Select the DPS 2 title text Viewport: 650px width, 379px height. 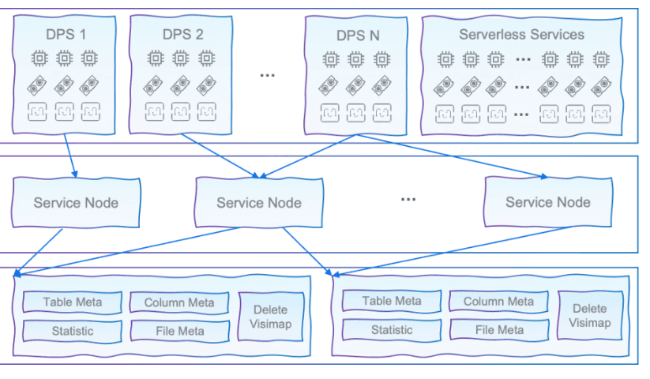(x=182, y=34)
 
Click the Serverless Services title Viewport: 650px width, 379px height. (x=521, y=35)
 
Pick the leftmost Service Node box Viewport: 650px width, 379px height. (x=76, y=202)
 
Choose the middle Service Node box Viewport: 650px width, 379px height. (x=259, y=202)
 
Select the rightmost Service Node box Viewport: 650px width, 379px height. (x=548, y=202)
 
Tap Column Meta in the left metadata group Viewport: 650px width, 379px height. (x=179, y=302)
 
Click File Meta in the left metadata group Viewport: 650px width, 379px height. (x=179, y=331)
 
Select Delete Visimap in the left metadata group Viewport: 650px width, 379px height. (x=271, y=317)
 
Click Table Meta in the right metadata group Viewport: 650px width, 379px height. (x=392, y=301)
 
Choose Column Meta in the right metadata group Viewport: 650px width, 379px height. (x=498, y=301)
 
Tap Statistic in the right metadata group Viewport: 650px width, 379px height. (x=392, y=330)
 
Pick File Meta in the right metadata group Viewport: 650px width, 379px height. (x=498, y=330)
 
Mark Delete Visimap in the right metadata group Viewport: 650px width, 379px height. (x=590, y=315)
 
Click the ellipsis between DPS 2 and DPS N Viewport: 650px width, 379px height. (x=268, y=74)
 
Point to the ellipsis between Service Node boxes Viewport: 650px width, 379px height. (x=408, y=198)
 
